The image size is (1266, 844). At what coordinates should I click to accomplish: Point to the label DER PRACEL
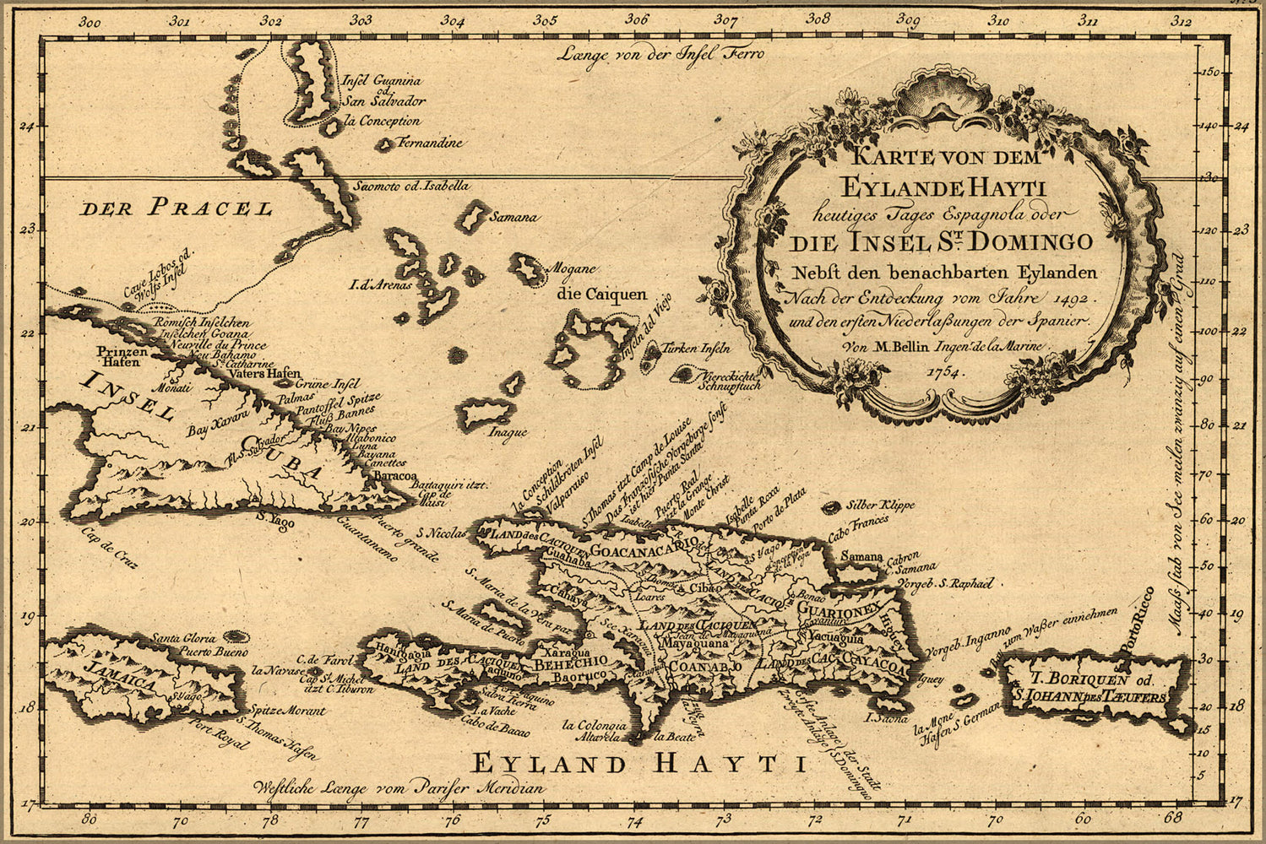coord(177,208)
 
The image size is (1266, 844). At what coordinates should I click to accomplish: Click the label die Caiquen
coord(601,295)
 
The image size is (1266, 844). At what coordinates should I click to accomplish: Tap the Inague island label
coord(507,432)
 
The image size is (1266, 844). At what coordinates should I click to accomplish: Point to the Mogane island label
coord(573,269)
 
